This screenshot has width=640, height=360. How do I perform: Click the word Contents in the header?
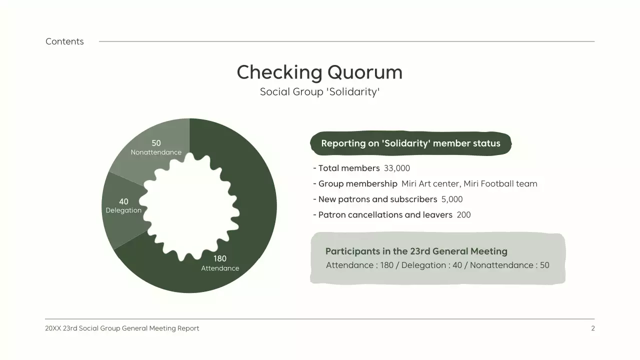[64, 41]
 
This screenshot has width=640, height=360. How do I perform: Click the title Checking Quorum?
[319, 72]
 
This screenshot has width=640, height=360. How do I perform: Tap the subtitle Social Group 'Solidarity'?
[319, 92]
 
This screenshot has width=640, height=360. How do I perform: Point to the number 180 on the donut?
[220, 258]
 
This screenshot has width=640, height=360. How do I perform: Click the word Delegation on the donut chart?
[123, 210]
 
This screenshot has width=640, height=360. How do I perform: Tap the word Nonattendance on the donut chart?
[156, 152]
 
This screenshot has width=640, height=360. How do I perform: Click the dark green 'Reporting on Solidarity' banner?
[410, 143]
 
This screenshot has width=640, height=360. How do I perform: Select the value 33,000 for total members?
[397, 168]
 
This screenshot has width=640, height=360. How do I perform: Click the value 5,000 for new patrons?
[452, 199]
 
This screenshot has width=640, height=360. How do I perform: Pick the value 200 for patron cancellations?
[463, 215]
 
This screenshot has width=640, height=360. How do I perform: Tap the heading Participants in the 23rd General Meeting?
[416, 251]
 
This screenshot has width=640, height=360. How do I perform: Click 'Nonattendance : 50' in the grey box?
[509, 265]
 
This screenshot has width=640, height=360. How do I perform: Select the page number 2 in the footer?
[593, 328]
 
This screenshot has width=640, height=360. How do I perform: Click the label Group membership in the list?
[357, 184]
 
